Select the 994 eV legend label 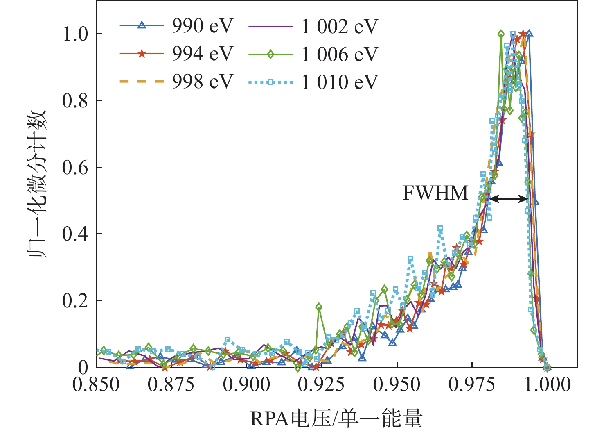click(202, 54)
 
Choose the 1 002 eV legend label click(339, 27)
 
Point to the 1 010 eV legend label click(339, 82)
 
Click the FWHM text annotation click(435, 193)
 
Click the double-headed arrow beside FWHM click(509, 199)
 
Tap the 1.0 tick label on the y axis click(75, 34)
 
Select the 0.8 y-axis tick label click(75, 101)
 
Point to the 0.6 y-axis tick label click(75, 168)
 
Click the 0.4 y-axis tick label click(75, 234)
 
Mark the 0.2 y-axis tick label click(75, 301)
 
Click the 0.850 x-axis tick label click(97, 385)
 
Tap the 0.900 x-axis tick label click(247, 385)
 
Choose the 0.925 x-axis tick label click(322, 385)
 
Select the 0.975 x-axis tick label click(472, 385)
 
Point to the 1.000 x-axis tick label click(548, 385)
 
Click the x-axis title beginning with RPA click(336, 418)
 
